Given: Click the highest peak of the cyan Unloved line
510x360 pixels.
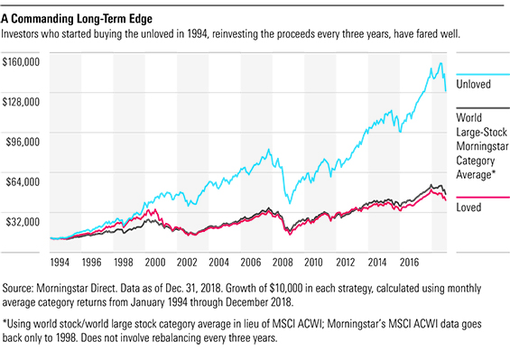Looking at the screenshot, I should click(x=440, y=63).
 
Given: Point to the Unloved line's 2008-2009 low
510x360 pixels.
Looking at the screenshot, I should click(x=287, y=204).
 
